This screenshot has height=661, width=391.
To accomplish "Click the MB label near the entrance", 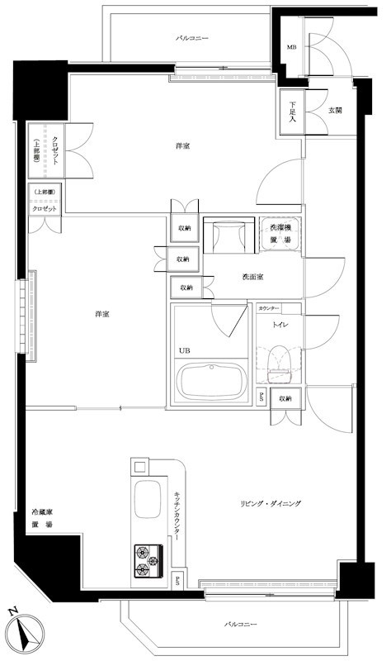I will (x=290, y=47).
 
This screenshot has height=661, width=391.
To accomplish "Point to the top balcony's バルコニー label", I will (x=192, y=38).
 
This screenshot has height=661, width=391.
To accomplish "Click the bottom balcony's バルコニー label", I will (x=241, y=624).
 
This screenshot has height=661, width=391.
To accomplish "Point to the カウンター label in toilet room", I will (x=269, y=307).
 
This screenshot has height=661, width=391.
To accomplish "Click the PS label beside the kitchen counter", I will (x=178, y=578).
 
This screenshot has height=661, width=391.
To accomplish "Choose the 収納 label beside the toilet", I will (x=284, y=399).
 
